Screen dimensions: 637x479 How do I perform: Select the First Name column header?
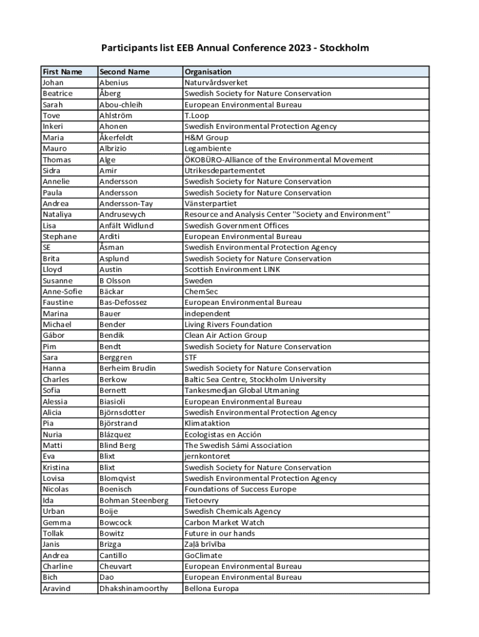62,72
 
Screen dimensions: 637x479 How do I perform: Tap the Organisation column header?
208,72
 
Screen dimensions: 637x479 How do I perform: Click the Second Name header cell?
124,72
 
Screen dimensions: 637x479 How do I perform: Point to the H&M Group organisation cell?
206,137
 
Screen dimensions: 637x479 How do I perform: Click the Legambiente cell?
207,149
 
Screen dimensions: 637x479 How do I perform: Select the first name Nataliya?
57,215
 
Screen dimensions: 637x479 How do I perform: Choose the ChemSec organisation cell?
200,291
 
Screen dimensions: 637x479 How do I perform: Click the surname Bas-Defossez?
123,302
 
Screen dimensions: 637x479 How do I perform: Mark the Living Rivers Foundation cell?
228,324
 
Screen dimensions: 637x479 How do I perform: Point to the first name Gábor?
53,335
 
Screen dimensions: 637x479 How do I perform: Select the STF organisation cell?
190,358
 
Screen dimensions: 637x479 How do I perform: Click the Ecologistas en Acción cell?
223,434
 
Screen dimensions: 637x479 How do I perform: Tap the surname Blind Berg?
117,445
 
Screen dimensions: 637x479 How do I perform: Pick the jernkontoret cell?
207,457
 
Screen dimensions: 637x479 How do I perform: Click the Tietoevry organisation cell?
201,500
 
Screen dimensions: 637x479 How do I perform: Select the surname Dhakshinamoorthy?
133,588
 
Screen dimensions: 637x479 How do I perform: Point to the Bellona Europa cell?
211,588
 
